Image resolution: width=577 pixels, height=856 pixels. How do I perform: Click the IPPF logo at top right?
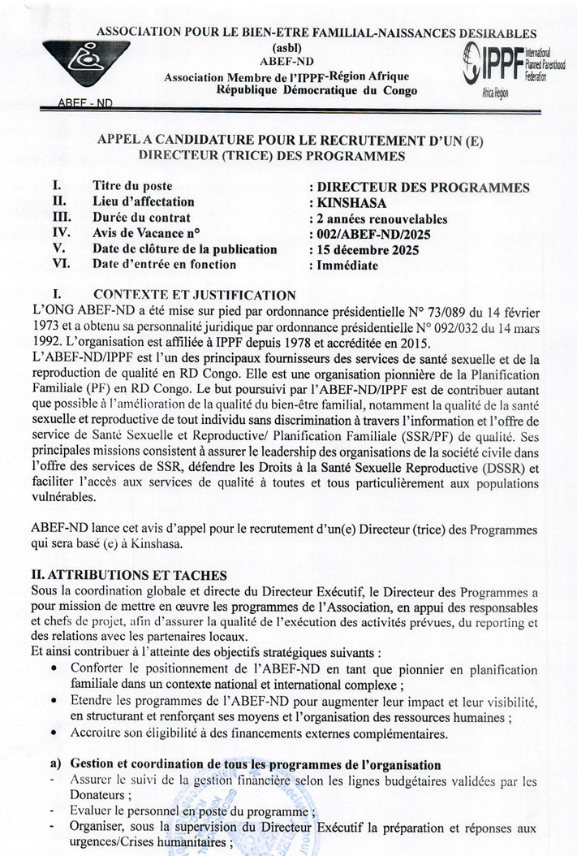(x=510, y=68)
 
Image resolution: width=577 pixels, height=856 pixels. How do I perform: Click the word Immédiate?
(x=347, y=265)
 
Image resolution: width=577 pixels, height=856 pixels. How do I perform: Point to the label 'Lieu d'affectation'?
(x=144, y=202)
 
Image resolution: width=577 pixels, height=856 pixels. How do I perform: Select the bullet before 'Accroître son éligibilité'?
(x=54, y=733)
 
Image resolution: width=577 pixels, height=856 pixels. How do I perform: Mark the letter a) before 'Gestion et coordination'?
(x=55, y=765)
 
